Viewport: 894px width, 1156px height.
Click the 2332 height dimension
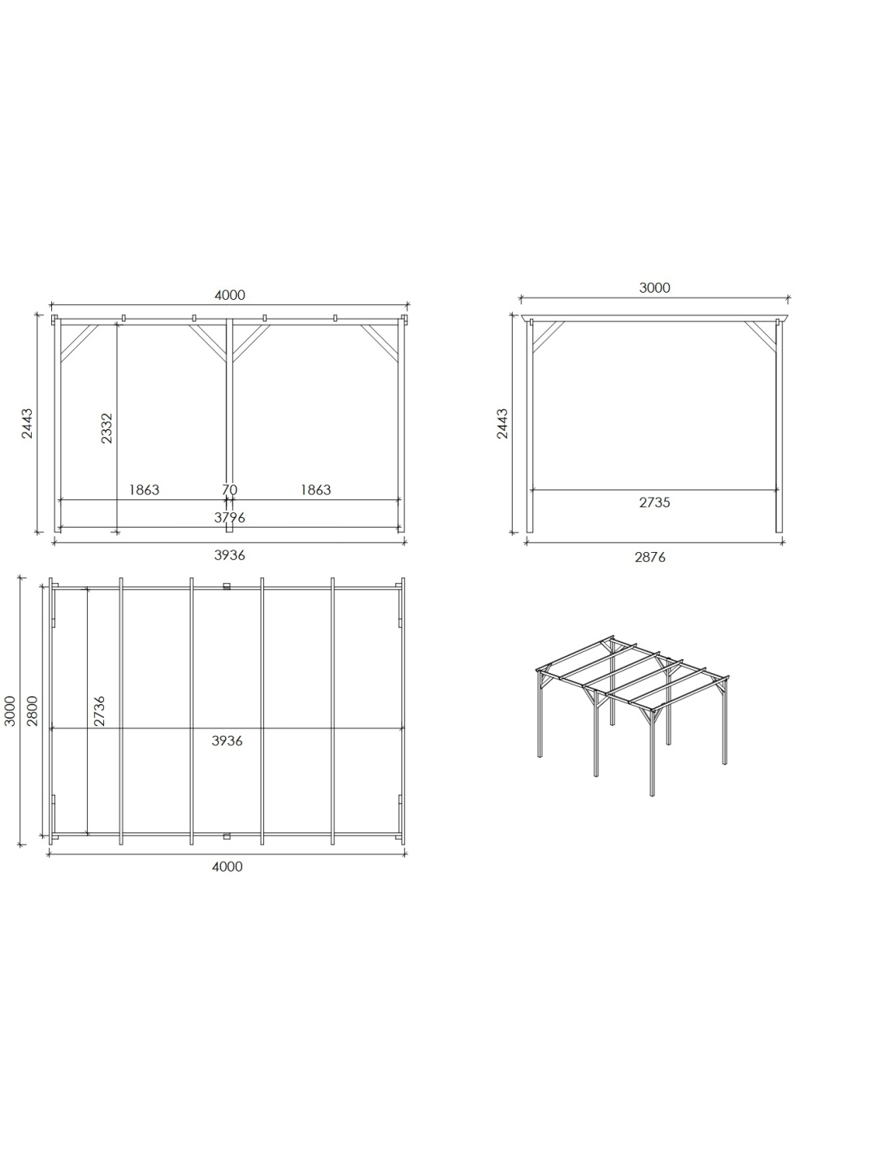click(106, 428)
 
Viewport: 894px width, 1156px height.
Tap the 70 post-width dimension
click(230, 489)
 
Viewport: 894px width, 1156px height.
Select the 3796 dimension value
click(230, 517)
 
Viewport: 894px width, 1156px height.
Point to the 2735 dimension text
click(654, 502)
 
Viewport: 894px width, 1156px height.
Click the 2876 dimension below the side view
click(650, 557)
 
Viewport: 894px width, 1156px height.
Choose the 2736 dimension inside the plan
click(99, 711)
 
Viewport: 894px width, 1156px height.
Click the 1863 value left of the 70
click(144, 489)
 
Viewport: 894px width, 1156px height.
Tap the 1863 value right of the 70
click(316, 489)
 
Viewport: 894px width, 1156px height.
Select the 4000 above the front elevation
click(230, 295)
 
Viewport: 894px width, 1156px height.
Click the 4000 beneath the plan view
click(227, 867)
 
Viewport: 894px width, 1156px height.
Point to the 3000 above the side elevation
click(655, 288)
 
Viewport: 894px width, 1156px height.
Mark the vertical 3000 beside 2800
click(10, 711)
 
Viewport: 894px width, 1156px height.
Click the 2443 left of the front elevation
click(27, 424)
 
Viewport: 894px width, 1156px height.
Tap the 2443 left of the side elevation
click(502, 424)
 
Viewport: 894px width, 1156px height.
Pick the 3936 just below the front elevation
click(230, 555)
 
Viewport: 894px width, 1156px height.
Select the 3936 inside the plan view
click(227, 741)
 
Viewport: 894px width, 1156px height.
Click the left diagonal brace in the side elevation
click(549, 337)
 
